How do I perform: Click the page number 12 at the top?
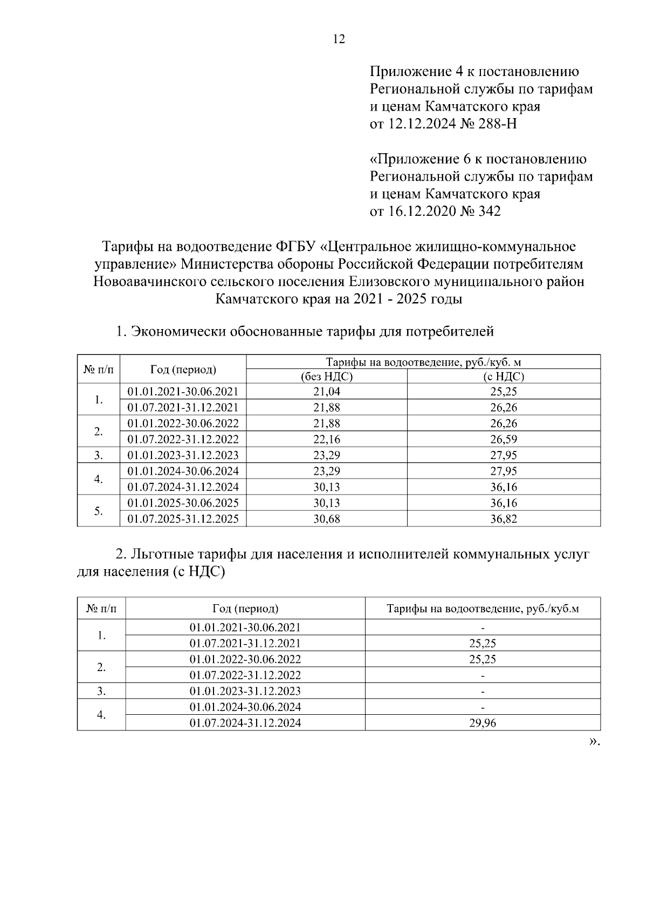tap(339, 39)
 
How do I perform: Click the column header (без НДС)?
tap(326, 377)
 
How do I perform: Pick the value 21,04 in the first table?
tap(326, 392)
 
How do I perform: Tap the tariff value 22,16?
tap(326, 439)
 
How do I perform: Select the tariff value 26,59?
tap(504, 439)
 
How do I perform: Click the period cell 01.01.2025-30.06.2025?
tap(183, 503)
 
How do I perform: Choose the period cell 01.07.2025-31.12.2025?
tap(183, 519)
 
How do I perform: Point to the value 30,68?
tap(326, 519)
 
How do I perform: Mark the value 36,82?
tap(504, 519)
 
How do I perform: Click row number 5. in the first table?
tap(98, 511)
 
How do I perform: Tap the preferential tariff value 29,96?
tap(483, 723)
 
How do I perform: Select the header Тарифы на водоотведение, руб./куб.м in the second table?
tap(483, 609)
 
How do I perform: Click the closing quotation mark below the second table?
tap(593, 742)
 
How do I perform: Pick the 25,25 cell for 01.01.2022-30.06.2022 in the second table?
tap(483, 659)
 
